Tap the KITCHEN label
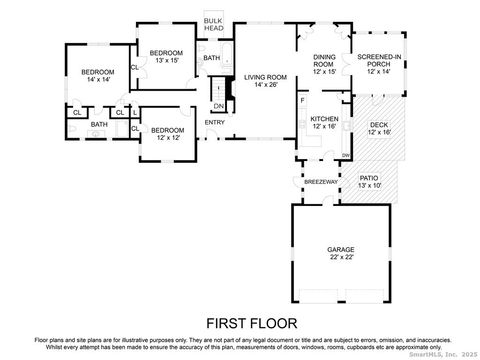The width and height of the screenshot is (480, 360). tap(324, 119)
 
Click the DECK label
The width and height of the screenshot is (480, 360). tap(379, 125)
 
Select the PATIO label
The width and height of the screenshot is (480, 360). tap(370, 177)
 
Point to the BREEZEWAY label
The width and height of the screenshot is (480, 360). tap(318, 181)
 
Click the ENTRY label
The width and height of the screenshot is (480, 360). tap(215, 122)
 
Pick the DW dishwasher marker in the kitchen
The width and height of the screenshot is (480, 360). tap(346, 154)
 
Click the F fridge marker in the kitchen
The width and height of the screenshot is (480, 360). tap(302, 100)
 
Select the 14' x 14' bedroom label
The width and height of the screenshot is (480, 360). tap(98, 76)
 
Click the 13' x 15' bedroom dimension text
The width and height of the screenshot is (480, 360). tap(166, 60)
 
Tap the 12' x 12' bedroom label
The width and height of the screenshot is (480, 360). tap(167, 135)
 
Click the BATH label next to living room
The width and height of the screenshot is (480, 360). tap(212, 58)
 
